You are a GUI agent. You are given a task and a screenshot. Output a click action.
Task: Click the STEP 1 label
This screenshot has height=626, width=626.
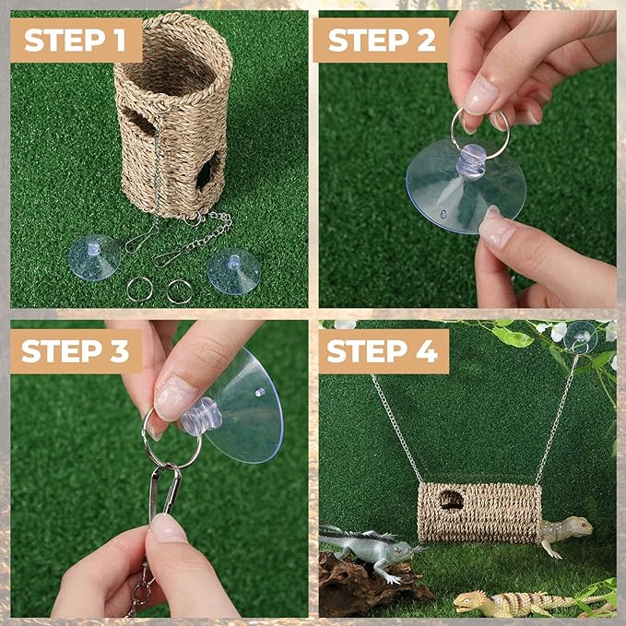point(76,40)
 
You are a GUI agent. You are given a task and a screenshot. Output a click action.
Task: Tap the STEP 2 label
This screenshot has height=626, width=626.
point(382,40)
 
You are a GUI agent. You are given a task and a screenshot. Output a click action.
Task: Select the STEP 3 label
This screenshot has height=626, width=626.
point(76,351)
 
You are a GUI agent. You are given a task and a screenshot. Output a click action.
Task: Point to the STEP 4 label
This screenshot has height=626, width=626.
point(383,351)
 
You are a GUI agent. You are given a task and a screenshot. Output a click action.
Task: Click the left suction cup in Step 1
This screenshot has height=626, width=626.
point(95,257)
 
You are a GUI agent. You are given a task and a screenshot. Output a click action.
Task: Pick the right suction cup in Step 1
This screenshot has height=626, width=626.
point(234,271)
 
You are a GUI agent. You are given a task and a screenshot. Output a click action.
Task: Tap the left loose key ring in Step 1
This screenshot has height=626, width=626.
point(140,289)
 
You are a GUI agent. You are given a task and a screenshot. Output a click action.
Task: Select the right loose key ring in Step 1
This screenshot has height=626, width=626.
point(180,291)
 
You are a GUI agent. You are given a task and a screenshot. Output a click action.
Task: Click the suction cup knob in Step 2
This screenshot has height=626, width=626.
point(471,161)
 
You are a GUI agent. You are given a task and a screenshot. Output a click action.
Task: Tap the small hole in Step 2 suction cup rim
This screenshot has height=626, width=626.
point(443,215)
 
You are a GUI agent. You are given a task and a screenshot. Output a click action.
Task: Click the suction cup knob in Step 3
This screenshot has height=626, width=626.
point(202,417)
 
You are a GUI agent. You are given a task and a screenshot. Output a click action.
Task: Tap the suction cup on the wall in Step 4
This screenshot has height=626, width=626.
point(581,337)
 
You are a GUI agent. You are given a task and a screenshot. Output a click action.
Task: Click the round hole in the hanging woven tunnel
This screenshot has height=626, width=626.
point(452,500)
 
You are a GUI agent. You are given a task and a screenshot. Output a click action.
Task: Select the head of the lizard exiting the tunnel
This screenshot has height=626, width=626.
point(578,525)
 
